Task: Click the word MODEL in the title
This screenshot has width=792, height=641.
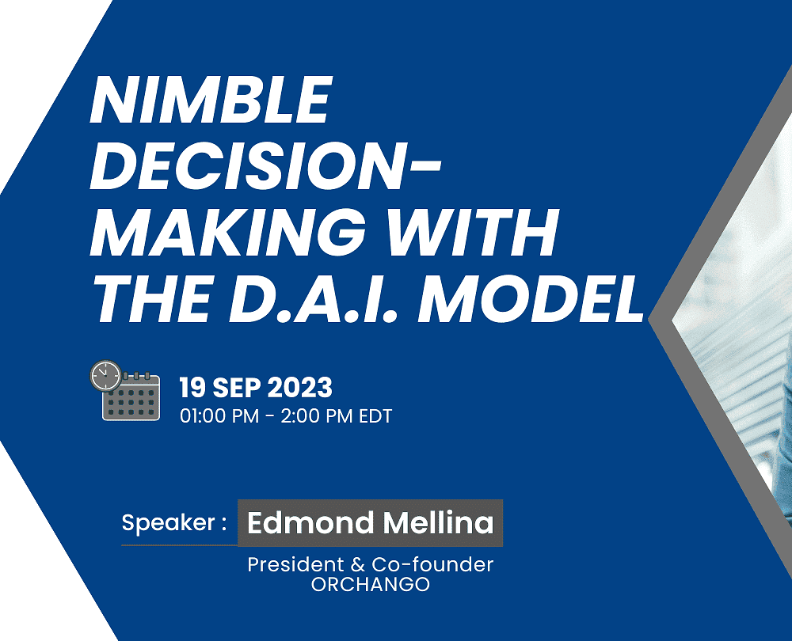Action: pos(531,299)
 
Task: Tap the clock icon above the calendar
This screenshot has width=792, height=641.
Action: pos(106,376)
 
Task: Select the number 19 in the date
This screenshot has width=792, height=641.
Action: pos(192,388)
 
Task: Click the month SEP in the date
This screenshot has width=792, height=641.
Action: pos(236,388)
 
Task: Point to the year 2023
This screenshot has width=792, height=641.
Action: pos(299,388)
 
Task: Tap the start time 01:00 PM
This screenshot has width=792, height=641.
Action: pos(219,416)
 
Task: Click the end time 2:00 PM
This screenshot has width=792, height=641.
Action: pos(318,416)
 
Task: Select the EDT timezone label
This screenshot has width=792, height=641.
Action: pos(375,416)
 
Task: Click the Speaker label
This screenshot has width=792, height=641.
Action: pos(174,523)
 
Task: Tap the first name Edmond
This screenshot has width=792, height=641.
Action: pos(310,522)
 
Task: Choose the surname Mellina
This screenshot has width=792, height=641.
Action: pos(438,522)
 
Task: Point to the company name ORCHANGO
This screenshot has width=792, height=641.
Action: pos(370,585)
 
